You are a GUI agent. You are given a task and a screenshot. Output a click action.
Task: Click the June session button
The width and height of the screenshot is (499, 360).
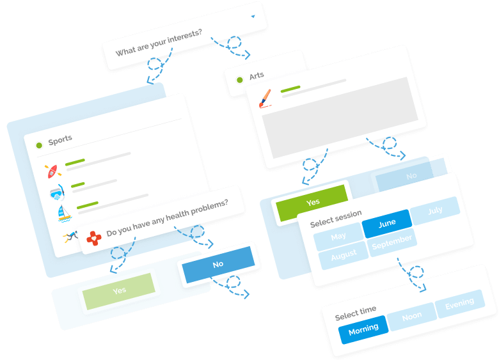pyautogui.click(x=386, y=223)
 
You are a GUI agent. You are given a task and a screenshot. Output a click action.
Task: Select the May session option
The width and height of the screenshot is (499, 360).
pyautogui.click(x=338, y=236)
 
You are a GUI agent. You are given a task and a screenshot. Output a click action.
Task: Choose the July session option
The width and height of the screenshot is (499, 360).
pyautogui.click(x=435, y=210)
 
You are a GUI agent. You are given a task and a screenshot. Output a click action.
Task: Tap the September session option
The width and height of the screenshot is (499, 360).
pyautogui.click(x=392, y=242)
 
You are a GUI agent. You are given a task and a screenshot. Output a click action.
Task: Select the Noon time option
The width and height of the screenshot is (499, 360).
pyautogui.click(x=411, y=316)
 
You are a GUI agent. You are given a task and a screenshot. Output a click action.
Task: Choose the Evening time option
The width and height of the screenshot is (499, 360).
pyautogui.click(x=459, y=304)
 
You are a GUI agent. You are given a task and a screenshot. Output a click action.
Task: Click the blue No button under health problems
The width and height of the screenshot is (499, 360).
pyautogui.click(x=218, y=264)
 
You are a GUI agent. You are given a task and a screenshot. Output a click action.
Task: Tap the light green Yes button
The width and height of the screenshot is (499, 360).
pyautogui.click(x=119, y=291)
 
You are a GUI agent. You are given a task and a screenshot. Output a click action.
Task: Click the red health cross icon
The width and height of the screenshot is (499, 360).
pyautogui.click(x=94, y=239)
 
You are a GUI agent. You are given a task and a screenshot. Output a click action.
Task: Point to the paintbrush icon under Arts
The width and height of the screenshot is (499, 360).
pyautogui.click(x=265, y=98)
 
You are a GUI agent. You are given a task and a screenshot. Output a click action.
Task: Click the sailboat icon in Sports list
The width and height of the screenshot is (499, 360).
pyautogui.click(x=65, y=214)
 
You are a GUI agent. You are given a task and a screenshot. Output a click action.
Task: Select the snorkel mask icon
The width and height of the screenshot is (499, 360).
pyautogui.click(x=58, y=192)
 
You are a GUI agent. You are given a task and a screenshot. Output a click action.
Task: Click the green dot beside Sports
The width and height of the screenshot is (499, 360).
pyautogui.click(x=39, y=145)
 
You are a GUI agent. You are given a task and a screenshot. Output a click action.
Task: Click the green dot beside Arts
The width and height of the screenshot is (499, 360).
pyautogui.click(x=240, y=80)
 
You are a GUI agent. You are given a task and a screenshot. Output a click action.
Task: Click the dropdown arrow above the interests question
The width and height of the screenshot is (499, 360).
pyautogui.click(x=253, y=17)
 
